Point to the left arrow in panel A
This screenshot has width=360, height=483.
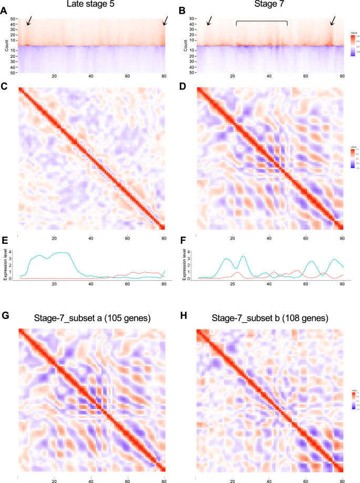(x=29, y=20)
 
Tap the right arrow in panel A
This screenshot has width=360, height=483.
(x=166, y=20)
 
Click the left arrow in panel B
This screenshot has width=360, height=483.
(x=209, y=20)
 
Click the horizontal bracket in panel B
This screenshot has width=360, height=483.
(x=262, y=22)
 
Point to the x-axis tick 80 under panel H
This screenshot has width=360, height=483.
(x=342, y=480)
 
